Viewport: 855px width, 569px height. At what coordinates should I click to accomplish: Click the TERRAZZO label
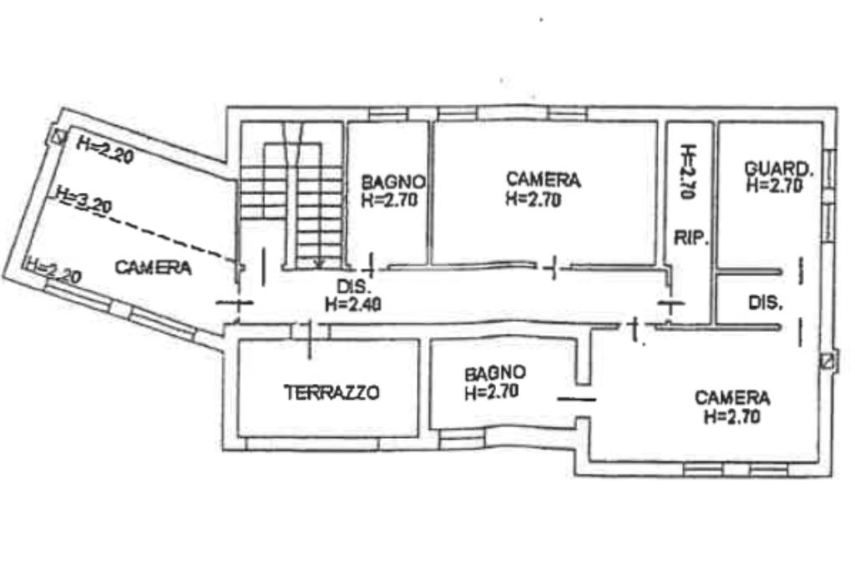(x=331, y=392)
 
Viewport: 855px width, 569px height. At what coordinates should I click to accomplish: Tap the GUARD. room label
(x=779, y=169)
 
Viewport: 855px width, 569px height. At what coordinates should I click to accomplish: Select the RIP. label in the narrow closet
(x=691, y=238)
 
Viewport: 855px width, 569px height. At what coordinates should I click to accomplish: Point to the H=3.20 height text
(x=84, y=200)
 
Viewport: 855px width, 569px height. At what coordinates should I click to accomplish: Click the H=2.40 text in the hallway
(x=353, y=305)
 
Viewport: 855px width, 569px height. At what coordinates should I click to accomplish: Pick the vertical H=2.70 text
(x=688, y=172)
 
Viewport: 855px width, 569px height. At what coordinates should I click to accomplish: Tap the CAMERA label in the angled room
(x=154, y=268)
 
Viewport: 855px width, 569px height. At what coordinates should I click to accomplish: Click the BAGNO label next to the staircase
(x=393, y=182)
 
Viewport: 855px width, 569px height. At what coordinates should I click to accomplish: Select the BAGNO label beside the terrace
(x=495, y=373)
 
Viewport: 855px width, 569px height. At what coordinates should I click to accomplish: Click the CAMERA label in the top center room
(x=543, y=179)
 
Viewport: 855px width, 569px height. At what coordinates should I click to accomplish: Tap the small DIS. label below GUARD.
(x=766, y=303)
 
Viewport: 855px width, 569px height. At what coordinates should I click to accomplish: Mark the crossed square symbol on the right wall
(x=827, y=360)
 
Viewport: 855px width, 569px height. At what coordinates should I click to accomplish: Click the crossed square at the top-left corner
(x=58, y=135)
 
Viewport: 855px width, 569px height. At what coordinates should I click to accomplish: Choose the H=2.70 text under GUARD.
(x=774, y=186)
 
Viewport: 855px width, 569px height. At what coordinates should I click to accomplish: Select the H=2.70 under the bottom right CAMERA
(x=731, y=417)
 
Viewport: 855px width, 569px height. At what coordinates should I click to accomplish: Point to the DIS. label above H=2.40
(x=353, y=286)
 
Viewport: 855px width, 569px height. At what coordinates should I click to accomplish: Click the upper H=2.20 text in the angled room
(x=105, y=149)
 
